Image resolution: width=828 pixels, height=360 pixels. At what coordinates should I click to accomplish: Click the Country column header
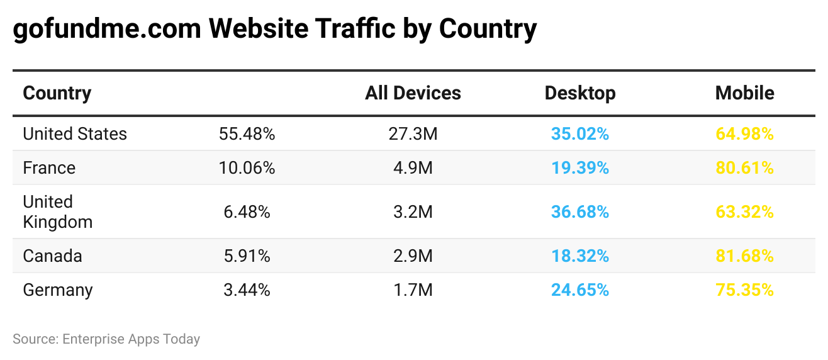point(57,93)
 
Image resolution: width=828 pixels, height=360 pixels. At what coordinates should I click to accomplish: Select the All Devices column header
point(413,93)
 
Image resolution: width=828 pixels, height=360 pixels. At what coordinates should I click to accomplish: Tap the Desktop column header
point(579,93)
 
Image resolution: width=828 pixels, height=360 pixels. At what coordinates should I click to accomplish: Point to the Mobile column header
point(744,93)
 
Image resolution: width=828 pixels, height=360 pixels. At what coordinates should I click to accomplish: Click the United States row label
point(75,134)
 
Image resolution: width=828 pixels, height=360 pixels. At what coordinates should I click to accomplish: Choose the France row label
point(49,168)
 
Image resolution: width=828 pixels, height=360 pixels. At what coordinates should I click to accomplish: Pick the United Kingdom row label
point(57,212)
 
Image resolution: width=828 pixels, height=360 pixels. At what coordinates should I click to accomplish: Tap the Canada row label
point(52,256)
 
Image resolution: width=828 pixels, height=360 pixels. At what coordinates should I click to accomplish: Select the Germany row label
point(58,290)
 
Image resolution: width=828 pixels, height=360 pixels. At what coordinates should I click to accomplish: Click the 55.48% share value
point(247,134)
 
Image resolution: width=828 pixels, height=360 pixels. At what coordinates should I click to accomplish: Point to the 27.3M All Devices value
point(413,134)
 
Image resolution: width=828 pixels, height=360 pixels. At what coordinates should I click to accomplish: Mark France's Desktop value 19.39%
point(579,168)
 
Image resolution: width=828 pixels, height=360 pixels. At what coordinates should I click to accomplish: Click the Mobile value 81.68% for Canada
point(744,256)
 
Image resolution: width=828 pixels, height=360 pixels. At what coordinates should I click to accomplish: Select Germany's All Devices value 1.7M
point(413,290)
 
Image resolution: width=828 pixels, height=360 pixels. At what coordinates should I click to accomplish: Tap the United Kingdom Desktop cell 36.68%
point(579,212)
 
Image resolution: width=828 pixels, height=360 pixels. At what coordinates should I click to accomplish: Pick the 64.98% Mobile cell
point(744,134)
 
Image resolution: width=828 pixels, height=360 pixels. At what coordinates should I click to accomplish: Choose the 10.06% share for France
point(247,168)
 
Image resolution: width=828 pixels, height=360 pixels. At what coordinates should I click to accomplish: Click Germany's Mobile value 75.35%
point(744,290)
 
